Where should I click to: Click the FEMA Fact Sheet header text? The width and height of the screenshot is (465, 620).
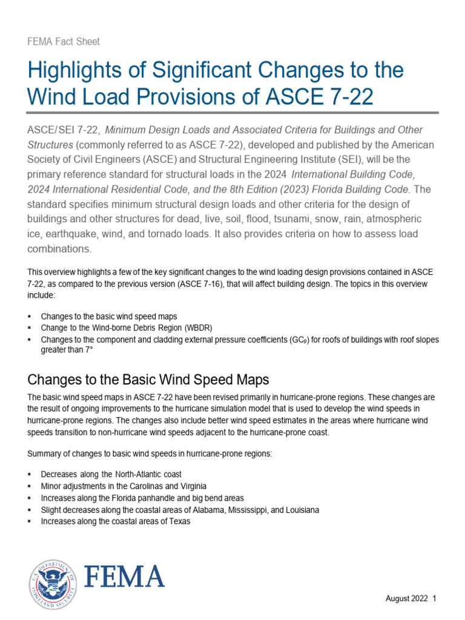[x=64, y=42]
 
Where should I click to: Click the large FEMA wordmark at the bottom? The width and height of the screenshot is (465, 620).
[x=124, y=577]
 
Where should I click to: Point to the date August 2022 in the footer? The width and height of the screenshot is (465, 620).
[x=407, y=599]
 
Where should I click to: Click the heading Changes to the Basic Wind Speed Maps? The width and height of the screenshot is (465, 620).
[x=148, y=380]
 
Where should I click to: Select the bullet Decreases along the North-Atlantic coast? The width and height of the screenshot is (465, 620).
[x=111, y=474]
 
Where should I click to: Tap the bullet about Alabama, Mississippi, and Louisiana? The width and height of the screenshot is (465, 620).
[x=180, y=510]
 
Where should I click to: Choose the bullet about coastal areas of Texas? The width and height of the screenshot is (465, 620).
[x=115, y=521]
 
